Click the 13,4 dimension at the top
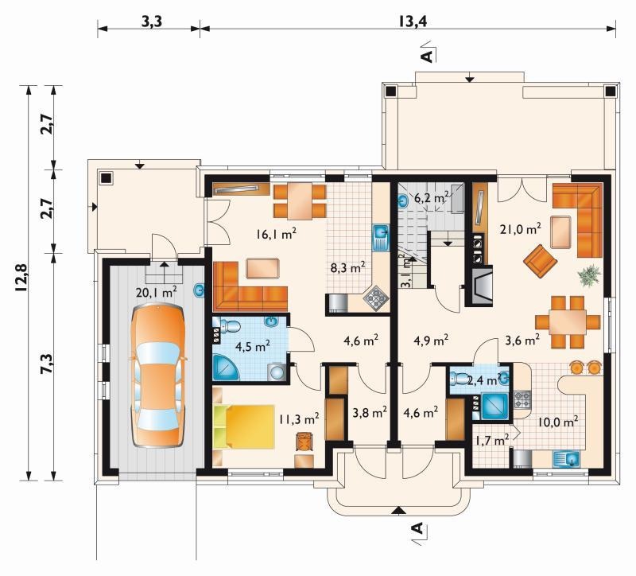[x=412, y=21]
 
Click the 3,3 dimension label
[x=151, y=21]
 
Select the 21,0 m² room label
[x=522, y=229]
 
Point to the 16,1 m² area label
[x=277, y=234]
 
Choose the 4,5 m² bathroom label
[x=253, y=347]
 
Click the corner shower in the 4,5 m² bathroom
[x=227, y=368]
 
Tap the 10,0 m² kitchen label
[x=558, y=422]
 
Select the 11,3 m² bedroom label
[x=299, y=419]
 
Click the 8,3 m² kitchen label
[x=347, y=268]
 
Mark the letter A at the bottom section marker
[x=417, y=528]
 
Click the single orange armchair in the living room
[x=540, y=261]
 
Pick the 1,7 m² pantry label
[x=492, y=440]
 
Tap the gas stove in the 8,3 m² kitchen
[x=378, y=299]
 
